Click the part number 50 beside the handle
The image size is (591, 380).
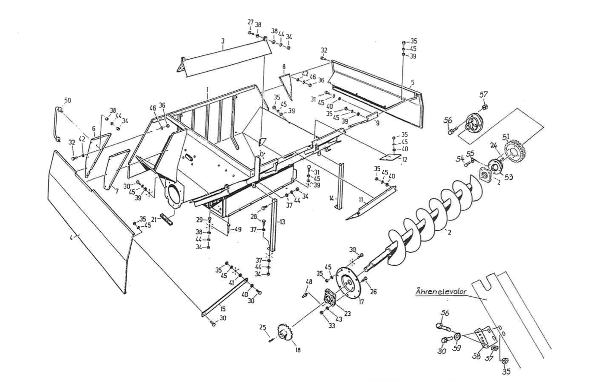[x=67, y=100]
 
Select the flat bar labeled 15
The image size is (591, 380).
[x=225, y=298]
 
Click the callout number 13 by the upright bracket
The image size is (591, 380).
[x=282, y=222]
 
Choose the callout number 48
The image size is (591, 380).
[x=308, y=282]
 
